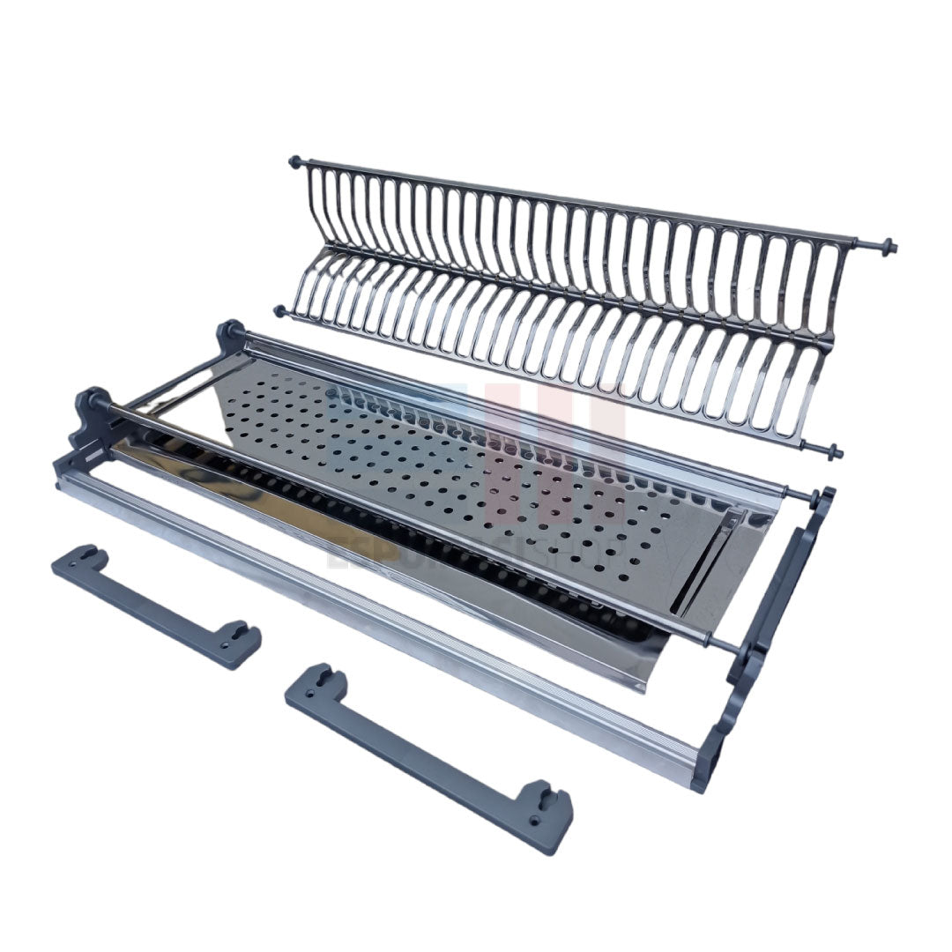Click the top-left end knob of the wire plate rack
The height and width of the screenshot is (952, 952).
(294, 162)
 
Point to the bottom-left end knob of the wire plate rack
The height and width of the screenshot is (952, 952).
(280, 311)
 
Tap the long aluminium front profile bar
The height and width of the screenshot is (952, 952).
(379, 617)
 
